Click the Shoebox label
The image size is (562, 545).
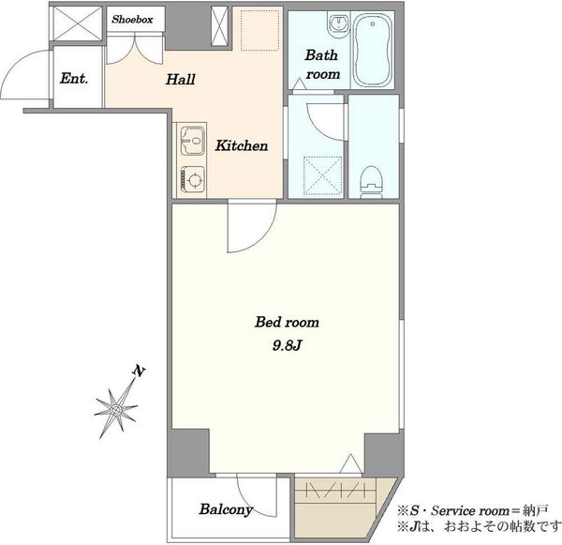(132, 20)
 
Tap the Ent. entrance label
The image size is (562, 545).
(74, 78)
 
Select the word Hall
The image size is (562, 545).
(180, 80)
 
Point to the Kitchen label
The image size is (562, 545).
(242, 145)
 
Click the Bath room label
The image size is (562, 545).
(322, 65)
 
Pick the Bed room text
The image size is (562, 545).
(287, 322)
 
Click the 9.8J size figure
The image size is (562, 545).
(287, 345)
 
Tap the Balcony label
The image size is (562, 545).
(226, 509)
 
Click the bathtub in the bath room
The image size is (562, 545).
(372, 51)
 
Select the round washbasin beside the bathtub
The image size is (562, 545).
(338, 24)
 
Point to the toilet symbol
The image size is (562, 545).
(372, 182)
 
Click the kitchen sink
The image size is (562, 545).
(192, 141)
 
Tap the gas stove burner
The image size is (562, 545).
(194, 179)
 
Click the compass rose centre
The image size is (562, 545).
(115, 409)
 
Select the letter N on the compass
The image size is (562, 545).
(139, 371)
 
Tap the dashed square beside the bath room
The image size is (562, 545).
(259, 30)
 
